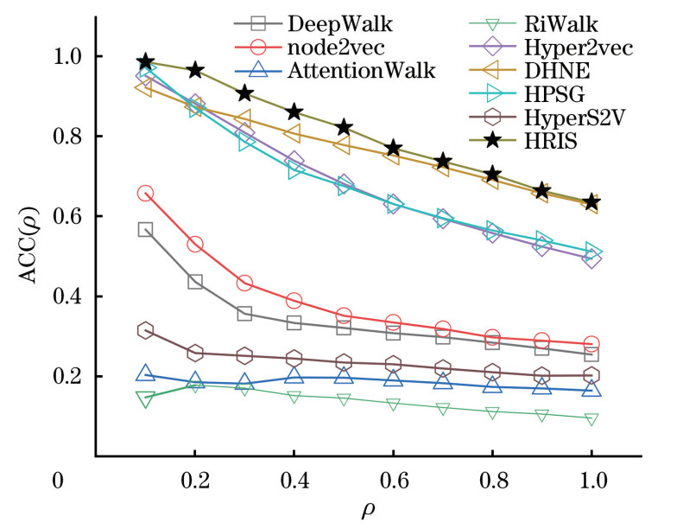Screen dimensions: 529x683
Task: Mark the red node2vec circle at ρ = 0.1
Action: (145, 194)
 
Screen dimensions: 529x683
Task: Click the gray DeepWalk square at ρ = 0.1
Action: (145, 230)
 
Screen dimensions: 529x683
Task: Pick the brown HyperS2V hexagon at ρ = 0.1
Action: (145, 330)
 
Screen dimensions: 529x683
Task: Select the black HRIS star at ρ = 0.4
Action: (294, 112)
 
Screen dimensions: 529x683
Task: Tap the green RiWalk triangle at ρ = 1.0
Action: (592, 419)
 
